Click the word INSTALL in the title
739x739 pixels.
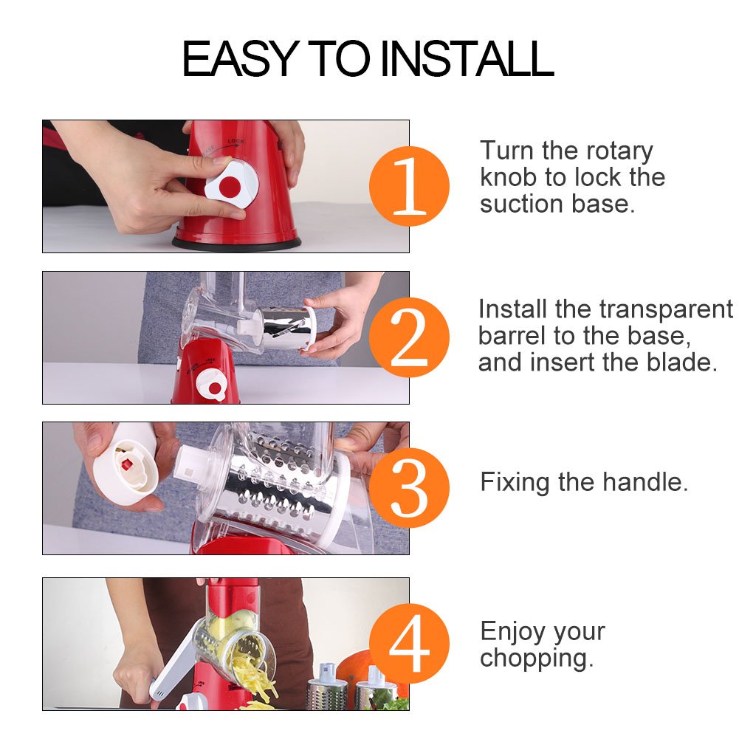[467, 58]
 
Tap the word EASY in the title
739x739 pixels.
[241, 58]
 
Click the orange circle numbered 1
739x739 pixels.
[409, 186]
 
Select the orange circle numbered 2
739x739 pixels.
[409, 337]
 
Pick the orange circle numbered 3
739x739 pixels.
[409, 488]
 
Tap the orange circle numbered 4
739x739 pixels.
[409, 643]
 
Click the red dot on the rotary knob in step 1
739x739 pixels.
[230, 187]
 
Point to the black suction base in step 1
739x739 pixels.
[236, 243]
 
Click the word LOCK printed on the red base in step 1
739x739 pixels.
[236, 141]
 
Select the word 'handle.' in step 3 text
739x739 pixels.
[645, 482]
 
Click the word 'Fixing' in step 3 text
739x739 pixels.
[515, 483]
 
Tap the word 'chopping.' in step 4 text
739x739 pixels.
[537, 658]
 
